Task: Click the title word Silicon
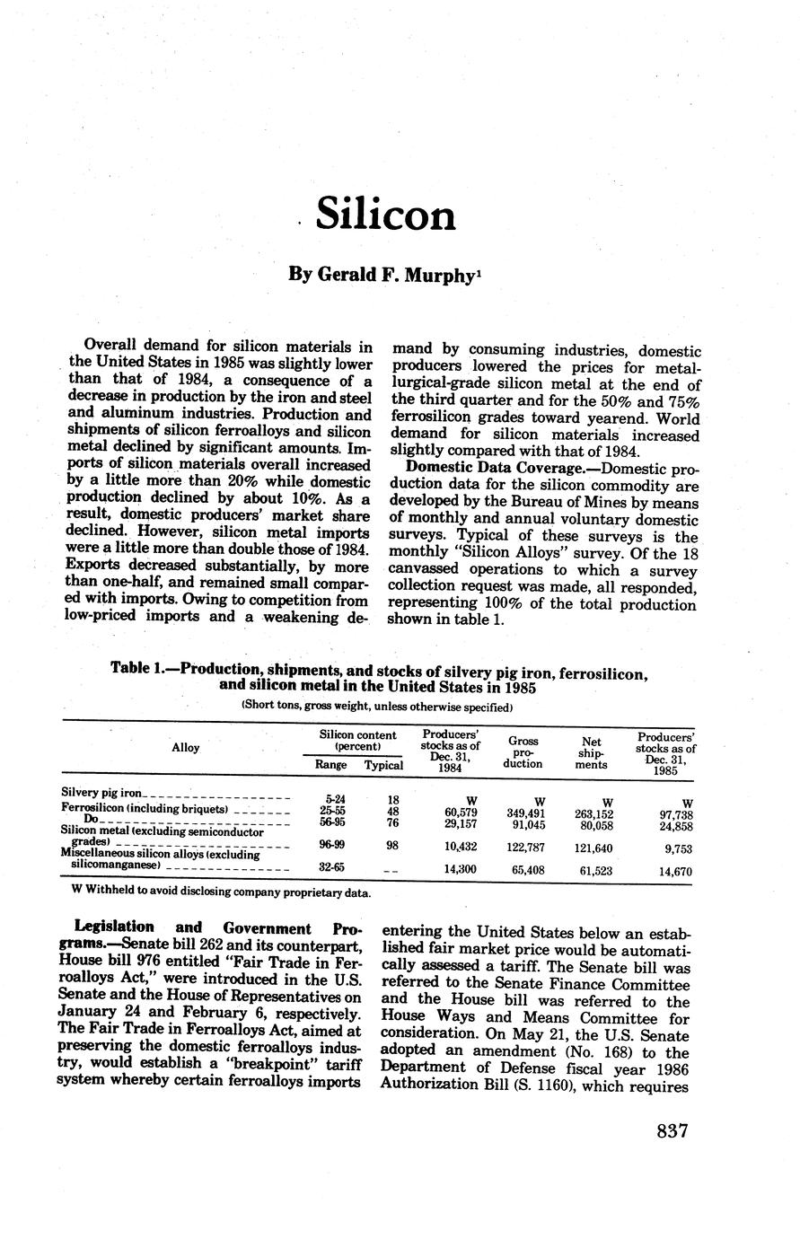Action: (385, 215)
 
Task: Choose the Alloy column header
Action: (185, 747)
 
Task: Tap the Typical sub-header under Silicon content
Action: (383, 765)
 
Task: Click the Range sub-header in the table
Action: (330, 765)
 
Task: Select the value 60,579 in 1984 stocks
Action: (461, 813)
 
